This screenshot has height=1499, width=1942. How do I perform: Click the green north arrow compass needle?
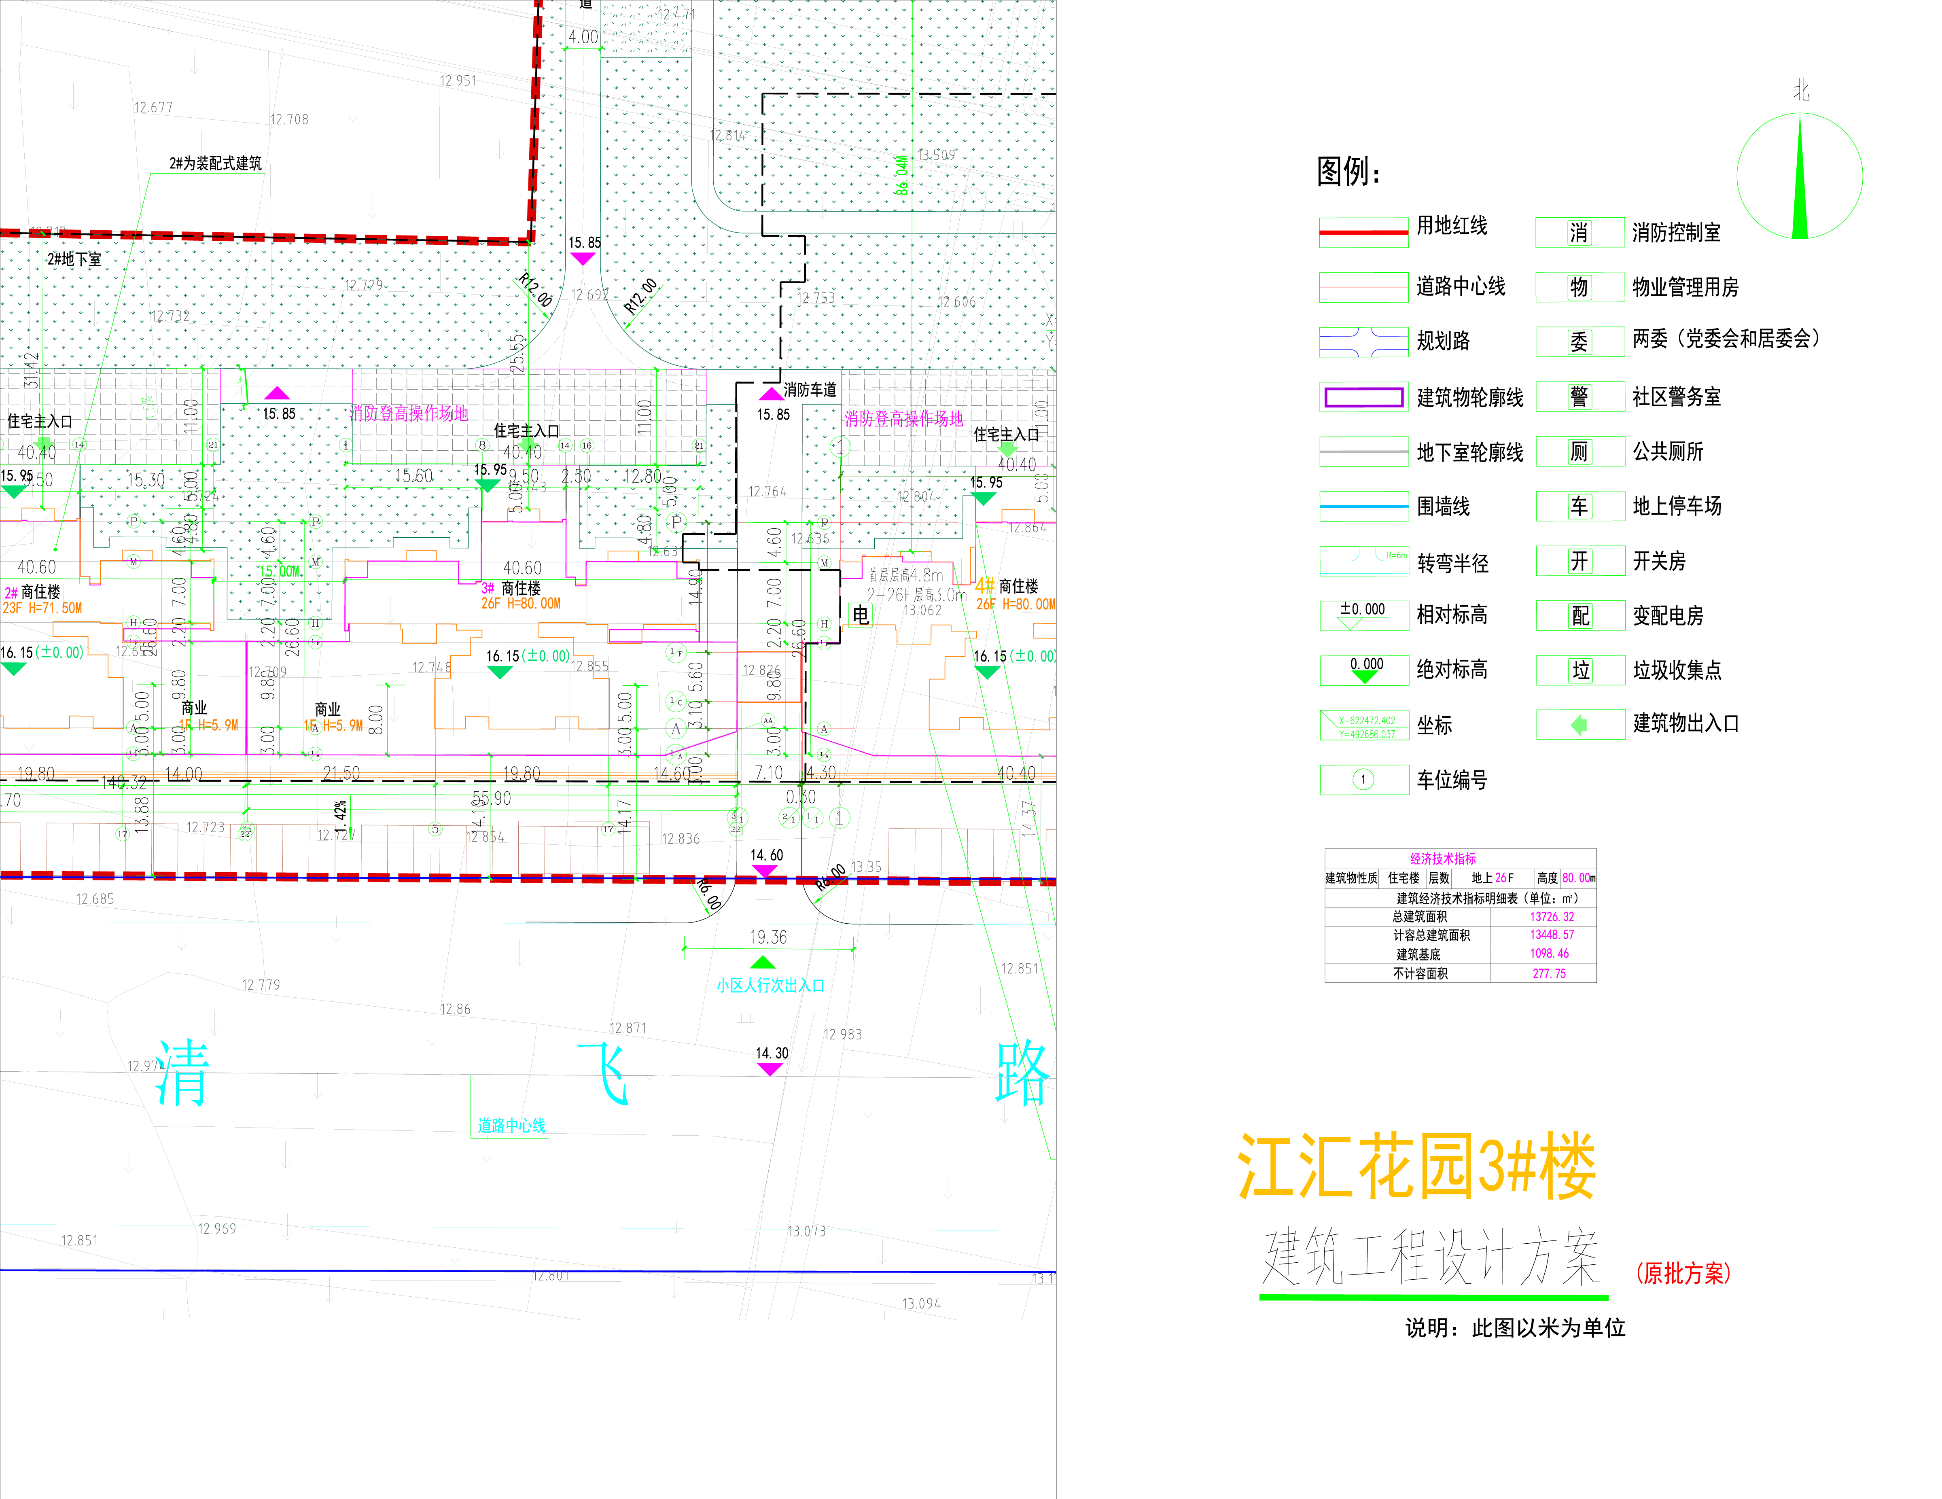coord(1801,182)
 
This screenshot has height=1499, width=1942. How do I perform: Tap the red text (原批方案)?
coord(1683,1273)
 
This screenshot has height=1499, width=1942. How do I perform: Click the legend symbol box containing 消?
coord(1579,233)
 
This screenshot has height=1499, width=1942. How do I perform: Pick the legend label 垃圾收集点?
coord(1676,670)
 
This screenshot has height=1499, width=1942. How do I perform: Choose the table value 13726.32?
coord(1552,917)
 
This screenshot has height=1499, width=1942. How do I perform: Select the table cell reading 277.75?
coord(1549,973)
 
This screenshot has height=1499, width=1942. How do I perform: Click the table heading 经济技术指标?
coord(1442,859)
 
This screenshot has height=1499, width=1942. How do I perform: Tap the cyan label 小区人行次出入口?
coord(770,985)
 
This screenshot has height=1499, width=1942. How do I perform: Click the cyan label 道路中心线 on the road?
coord(511,1126)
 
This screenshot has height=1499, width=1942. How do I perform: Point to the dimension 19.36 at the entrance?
coord(768,937)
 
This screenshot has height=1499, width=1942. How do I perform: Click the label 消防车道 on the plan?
coord(809,390)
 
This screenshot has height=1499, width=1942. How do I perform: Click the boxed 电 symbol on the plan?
coord(860,614)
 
